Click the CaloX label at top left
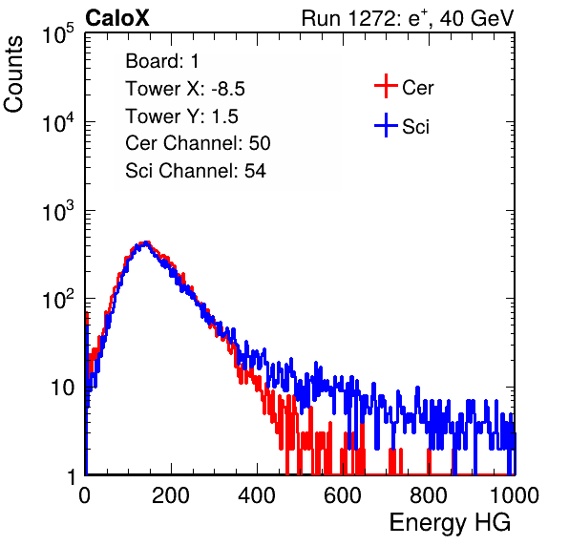pyautogui.click(x=117, y=18)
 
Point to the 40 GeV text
pyautogui.click(x=476, y=18)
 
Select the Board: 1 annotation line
pyautogui.click(x=162, y=61)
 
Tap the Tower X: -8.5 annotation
pyautogui.click(x=185, y=89)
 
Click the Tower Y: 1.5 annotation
pyautogui.click(x=181, y=116)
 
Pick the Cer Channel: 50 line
pyautogui.click(x=198, y=143)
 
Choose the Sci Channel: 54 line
pyautogui.click(x=196, y=171)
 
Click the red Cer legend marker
pyautogui.click(x=386, y=86)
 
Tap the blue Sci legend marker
pyautogui.click(x=386, y=125)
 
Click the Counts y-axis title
pyautogui.click(x=13, y=74)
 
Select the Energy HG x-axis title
pyautogui.click(x=450, y=523)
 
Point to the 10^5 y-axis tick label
pyautogui.click(x=57, y=34)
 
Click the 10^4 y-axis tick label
pyautogui.click(x=57, y=122)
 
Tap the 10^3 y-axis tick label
pyautogui.click(x=57, y=211)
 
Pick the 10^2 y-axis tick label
pyautogui.click(x=57, y=300)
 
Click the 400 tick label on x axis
pyautogui.click(x=257, y=495)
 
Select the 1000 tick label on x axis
pyautogui.click(x=515, y=495)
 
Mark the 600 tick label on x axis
pyautogui.click(x=343, y=495)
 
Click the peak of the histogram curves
pyautogui.click(x=145, y=242)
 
